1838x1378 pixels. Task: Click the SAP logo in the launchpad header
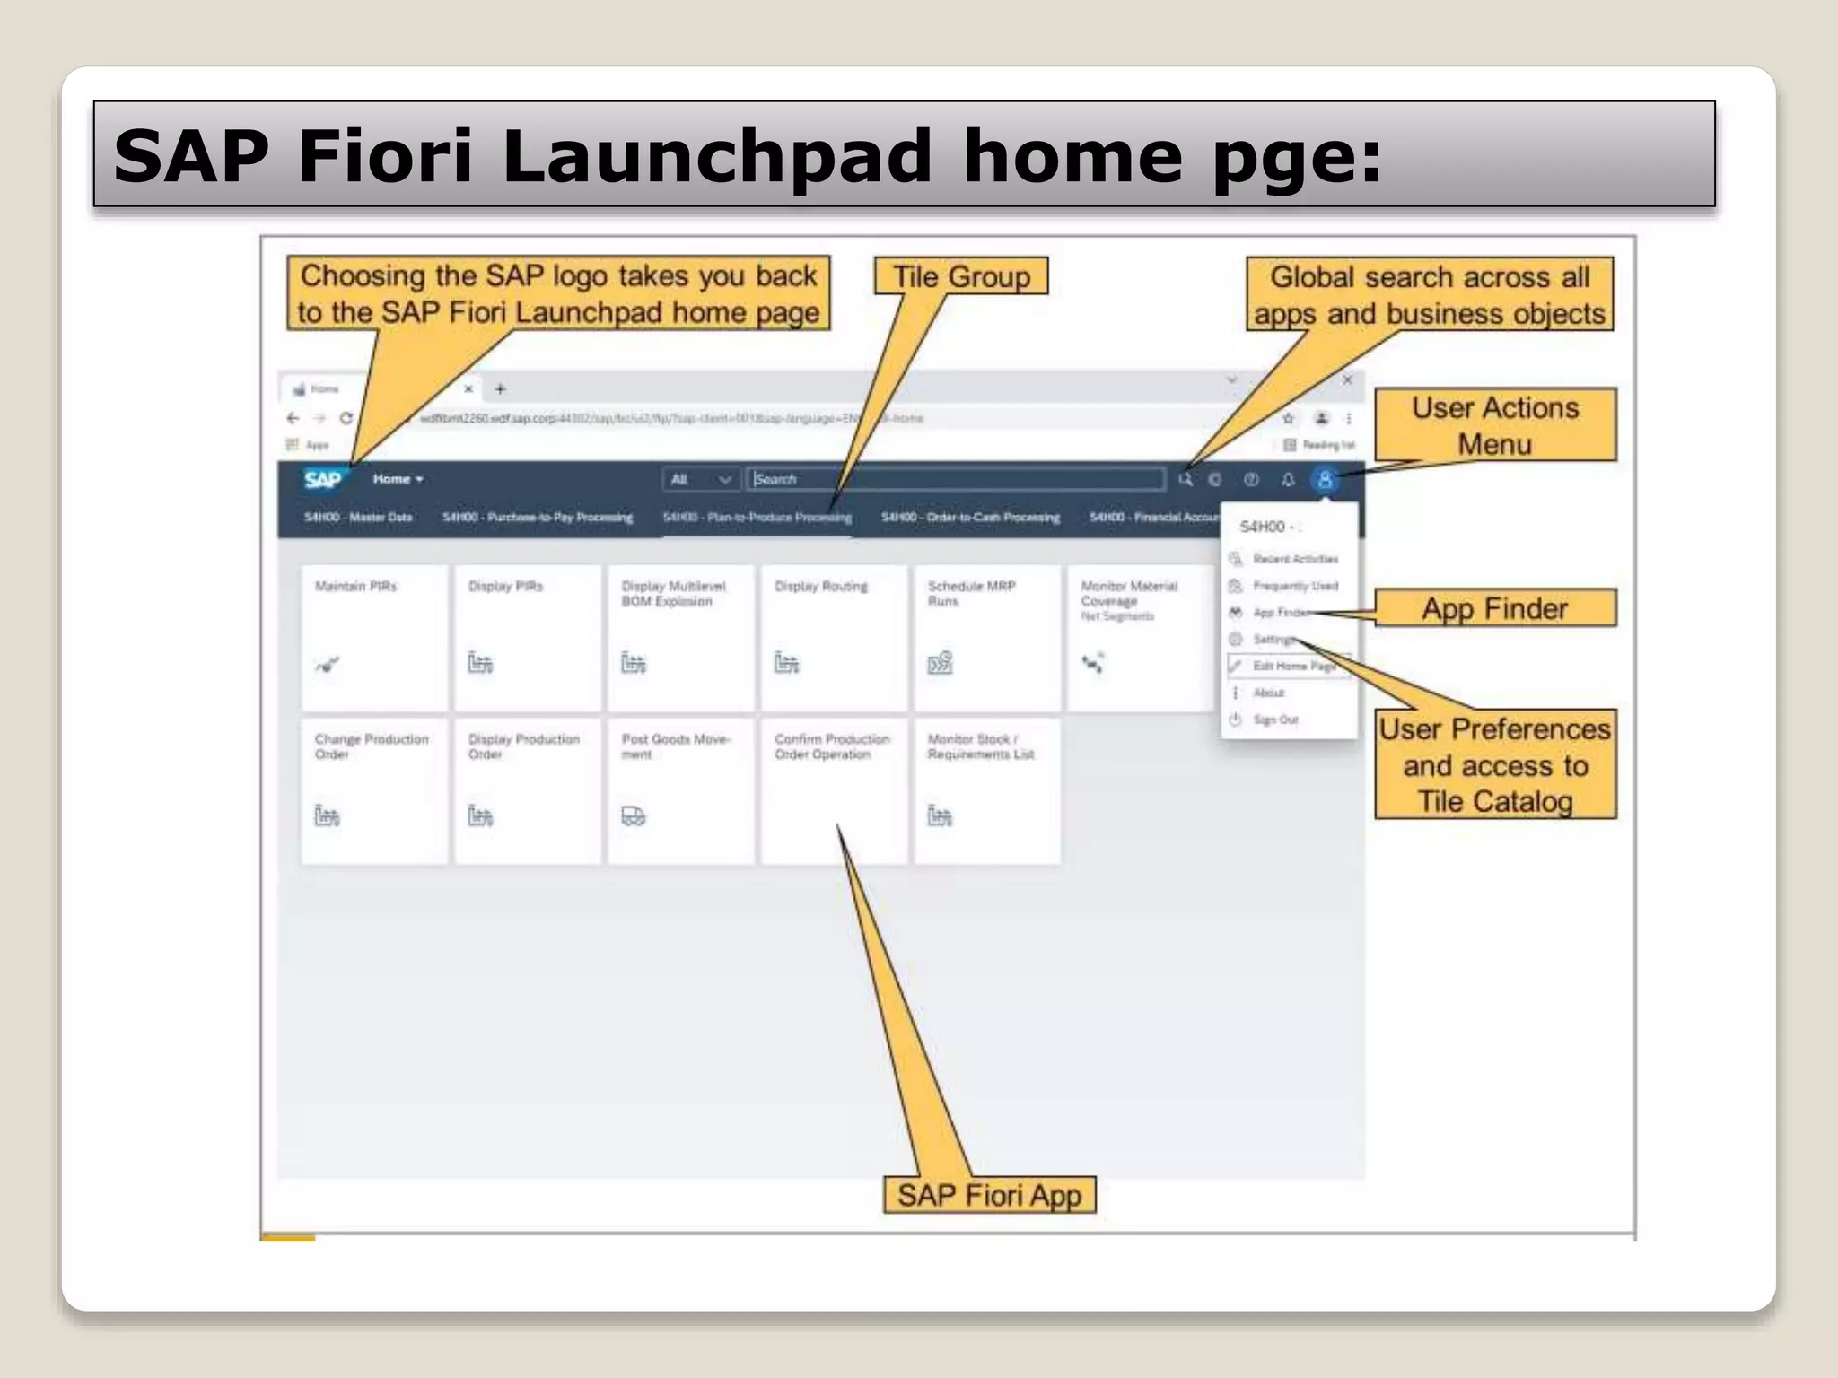pyautogui.click(x=322, y=479)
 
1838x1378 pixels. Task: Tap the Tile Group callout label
pyautogui.click(x=961, y=276)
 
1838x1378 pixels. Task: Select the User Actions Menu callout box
pyautogui.click(x=1494, y=425)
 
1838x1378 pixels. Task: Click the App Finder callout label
pyautogui.click(x=1494, y=608)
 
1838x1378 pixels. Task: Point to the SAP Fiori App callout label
pyautogui.click(x=989, y=1195)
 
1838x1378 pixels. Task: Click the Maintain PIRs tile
pyautogui.click(x=374, y=637)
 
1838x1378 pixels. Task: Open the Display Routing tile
pyautogui.click(x=834, y=637)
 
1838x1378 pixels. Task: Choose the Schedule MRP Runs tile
pyautogui.click(x=986, y=637)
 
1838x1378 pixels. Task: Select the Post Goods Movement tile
pyautogui.click(x=680, y=790)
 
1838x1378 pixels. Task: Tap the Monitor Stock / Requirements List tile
pyautogui.click(x=986, y=790)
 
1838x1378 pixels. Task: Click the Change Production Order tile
pyautogui.click(x=374, y=790)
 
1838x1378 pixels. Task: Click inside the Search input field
pyautogui.click(x=956, y=479)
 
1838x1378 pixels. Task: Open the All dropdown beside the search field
pyautogui.click(x=701, y=479)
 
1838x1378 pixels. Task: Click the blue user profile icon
pyautogui.click(x=1325, y=479)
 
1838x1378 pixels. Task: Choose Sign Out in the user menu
pyautogui.click(x=1275, y=720)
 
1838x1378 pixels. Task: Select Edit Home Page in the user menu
pyautogui.click(x=1293, y=666)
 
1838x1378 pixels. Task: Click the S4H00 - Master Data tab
pyautogui.click(x=358, y=518)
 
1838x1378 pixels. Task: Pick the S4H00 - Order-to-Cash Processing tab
pyautogui.click(x=970, y=518)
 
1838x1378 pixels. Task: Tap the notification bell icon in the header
pyautogui.click(x=1288, y=479)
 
